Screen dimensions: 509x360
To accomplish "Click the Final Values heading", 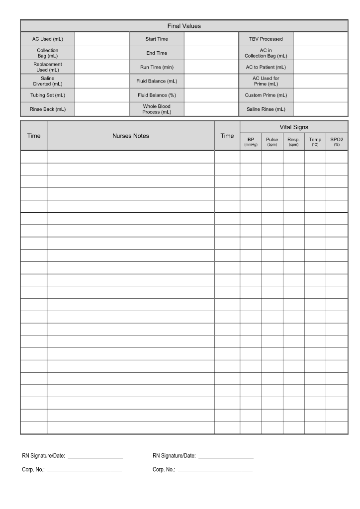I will [183, 26].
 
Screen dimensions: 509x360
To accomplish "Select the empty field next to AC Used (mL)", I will [101, 39].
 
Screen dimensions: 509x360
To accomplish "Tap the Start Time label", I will [157, 39].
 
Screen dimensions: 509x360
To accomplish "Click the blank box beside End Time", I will [211, 53].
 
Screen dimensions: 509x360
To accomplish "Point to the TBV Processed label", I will [266, 39].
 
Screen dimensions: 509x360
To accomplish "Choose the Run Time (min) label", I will [157, 67].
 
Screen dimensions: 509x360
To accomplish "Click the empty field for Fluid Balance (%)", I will [211, 95].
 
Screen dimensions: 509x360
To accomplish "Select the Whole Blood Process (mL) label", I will [157, 109].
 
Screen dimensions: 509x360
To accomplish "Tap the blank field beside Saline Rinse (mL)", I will [320, 109].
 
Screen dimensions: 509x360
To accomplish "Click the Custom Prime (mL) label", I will [266, 95].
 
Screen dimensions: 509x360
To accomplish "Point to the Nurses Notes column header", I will [131, 136].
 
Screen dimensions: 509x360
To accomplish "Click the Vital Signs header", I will [293, 127].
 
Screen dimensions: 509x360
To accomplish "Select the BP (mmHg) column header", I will [251, 142].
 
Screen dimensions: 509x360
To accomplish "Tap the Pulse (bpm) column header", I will [272, 142].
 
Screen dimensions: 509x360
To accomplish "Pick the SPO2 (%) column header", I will [337, 142].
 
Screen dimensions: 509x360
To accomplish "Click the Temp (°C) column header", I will [315, 142].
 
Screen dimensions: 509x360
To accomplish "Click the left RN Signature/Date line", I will [95, 456].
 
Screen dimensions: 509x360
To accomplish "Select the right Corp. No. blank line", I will [215, 470].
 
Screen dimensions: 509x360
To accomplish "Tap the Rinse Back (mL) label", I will [47, 109].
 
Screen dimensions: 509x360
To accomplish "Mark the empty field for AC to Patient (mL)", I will [320, 67].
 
